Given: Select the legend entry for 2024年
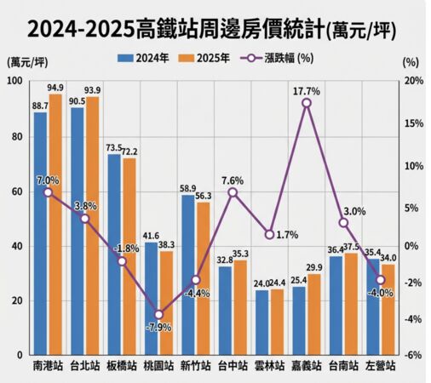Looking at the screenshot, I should pyautogui.click(x=147, y=59).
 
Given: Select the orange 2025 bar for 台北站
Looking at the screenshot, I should pyautogui.click(x=92, y=226).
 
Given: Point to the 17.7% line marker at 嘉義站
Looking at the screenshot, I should pyautogui.click(x=306, y=103).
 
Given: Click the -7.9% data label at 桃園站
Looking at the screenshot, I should pyautogui.click(x=158, y=327).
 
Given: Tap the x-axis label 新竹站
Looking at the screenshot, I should pyautogui.click(x=195, y=367).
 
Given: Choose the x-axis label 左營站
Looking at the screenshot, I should pyautogui.click(x=380, y=367).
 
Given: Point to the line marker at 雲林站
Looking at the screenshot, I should pyautogui.click(x=269, y=234).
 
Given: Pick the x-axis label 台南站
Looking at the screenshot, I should pyautogui.click(x=343, y=367).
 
